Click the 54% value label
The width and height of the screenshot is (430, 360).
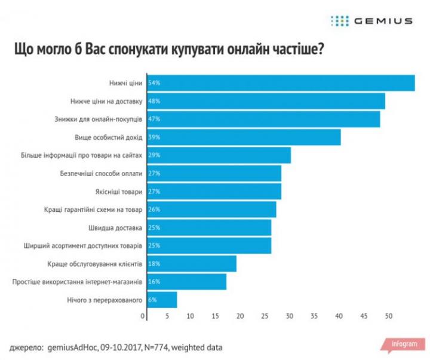(154, 83)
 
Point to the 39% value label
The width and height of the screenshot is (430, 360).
(154, 137)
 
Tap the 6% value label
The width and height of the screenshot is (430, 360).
(153, 300)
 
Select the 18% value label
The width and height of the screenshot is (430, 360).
(154, 263)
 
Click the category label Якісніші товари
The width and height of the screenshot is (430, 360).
(119, 192)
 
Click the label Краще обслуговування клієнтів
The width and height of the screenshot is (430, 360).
(94, 263)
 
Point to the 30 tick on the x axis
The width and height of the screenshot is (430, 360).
(290, 315)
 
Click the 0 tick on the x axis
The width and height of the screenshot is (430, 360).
(143, 315)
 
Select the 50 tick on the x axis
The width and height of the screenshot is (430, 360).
(388, 315)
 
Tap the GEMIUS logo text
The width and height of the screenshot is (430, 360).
(383, 21)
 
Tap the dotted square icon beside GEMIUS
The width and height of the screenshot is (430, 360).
(340, 21)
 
